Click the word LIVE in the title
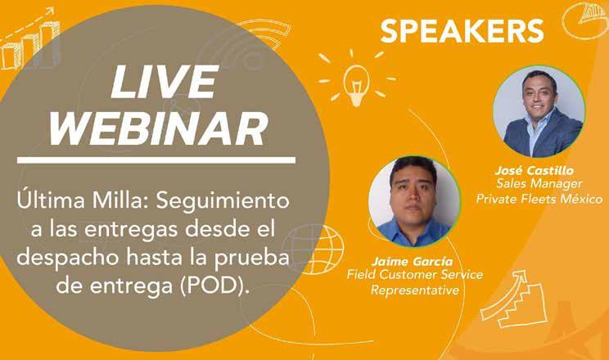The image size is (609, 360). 165,81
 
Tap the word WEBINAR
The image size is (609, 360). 159,128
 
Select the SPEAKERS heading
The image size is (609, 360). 462,31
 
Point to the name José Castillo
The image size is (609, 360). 534,170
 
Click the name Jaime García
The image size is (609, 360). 412,261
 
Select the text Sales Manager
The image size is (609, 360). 539,183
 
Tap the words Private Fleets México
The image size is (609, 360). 539,199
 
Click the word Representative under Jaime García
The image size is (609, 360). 415,290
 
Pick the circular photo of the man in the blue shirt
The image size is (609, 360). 414,201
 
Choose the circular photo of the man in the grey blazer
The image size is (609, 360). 539,111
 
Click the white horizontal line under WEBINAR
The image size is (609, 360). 156,160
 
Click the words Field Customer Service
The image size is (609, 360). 415,275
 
